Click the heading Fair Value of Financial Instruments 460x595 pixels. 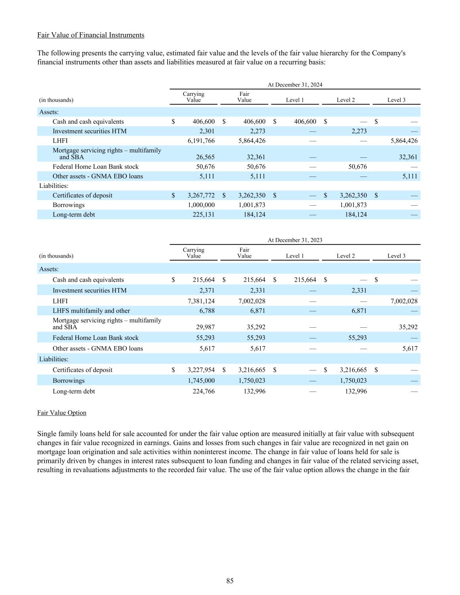coord(91,35)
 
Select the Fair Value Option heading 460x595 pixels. coord(62,413)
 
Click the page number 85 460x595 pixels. coord(230,581)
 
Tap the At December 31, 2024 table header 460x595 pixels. coord(295,85)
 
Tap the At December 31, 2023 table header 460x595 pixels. coord(295,240)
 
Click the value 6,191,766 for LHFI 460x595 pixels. coord(201,141)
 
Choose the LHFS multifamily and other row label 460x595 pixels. coord(91,311)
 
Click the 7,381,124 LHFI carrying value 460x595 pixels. coord(201,301)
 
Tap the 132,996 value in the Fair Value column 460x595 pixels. coord(254,391)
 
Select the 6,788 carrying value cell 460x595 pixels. coord(206,311)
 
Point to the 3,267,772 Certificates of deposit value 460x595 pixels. coord(201,195)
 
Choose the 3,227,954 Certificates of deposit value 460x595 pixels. coord(201,370)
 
